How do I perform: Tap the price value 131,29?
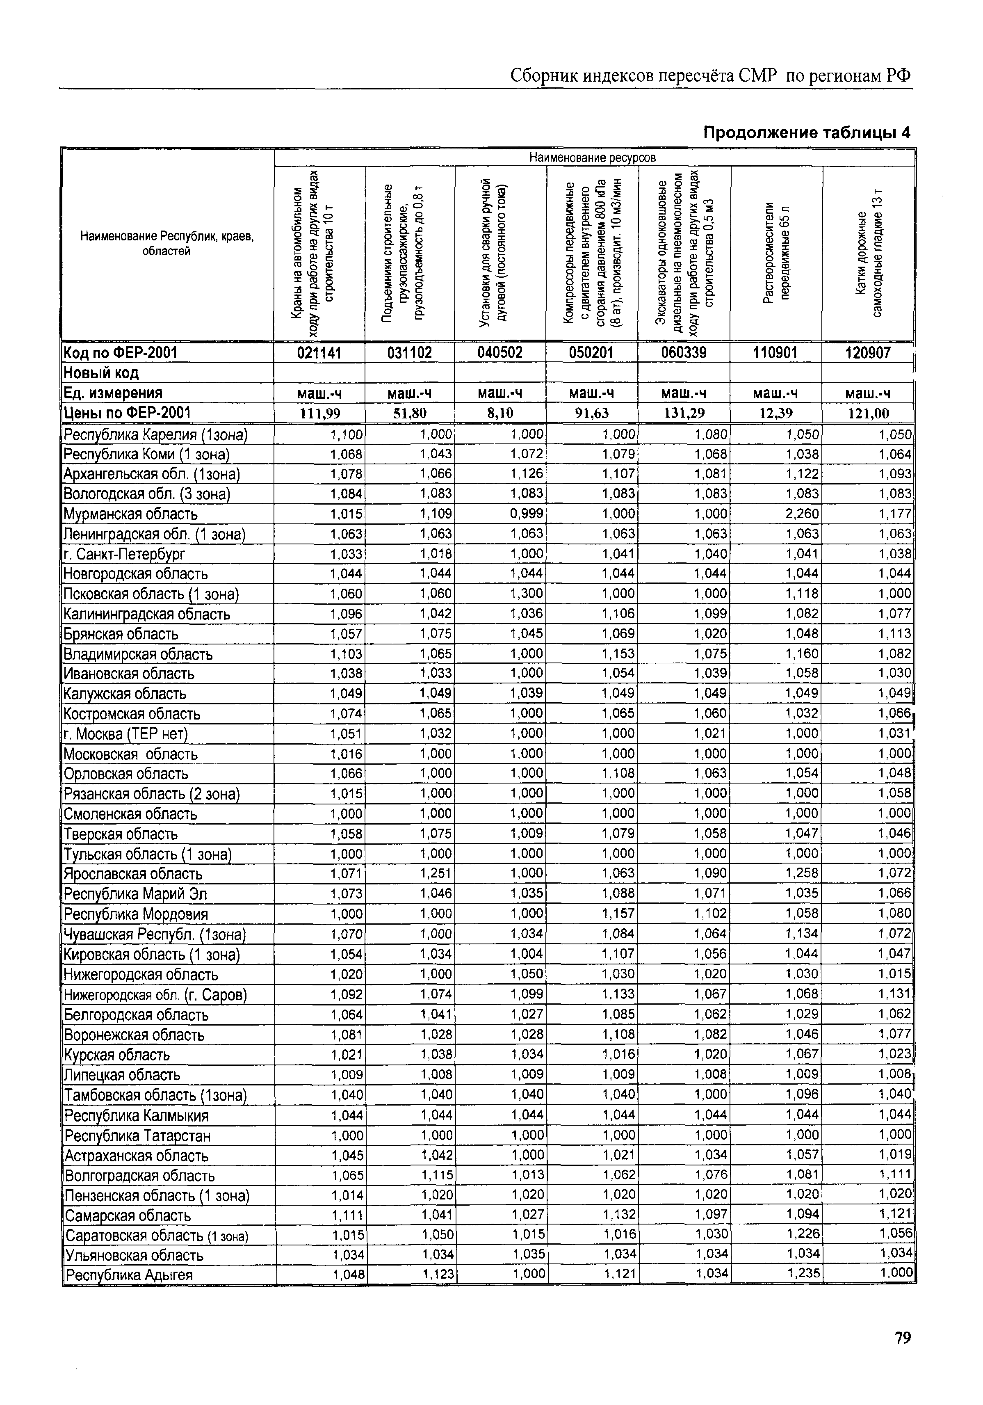pos(684,413)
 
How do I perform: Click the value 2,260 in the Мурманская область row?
pos(803,514)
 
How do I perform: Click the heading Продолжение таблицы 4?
pos(807,132)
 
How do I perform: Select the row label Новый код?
pos(102,372)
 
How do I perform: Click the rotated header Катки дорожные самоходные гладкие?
pos(869,254)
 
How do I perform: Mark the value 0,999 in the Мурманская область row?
pos(527,514)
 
